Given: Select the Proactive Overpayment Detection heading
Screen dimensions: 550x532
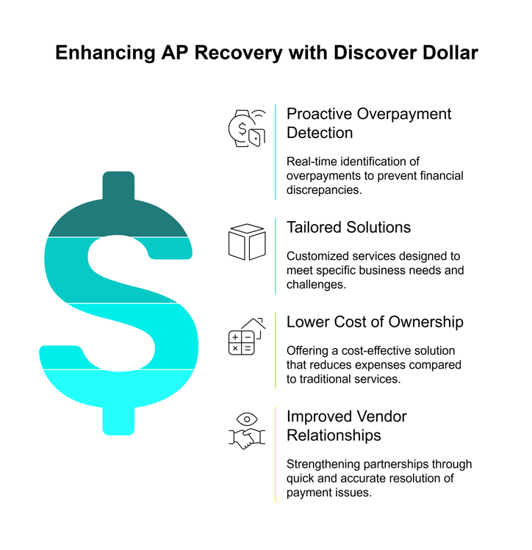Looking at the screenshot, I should (x=369, y=123).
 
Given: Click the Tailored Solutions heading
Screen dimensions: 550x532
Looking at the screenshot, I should (x=348, y=227).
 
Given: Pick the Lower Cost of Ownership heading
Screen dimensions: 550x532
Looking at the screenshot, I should (x=375, y=322).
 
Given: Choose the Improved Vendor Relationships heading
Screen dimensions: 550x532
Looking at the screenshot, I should (x=346, y=426).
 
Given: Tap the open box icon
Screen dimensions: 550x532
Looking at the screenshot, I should (x=246, y=242).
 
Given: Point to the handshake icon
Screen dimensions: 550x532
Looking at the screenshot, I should (x=246, y=439).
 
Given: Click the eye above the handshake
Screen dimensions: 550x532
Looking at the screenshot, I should (x=247, y=419).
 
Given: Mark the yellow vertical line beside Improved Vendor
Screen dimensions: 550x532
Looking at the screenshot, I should (x=276, y=454).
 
